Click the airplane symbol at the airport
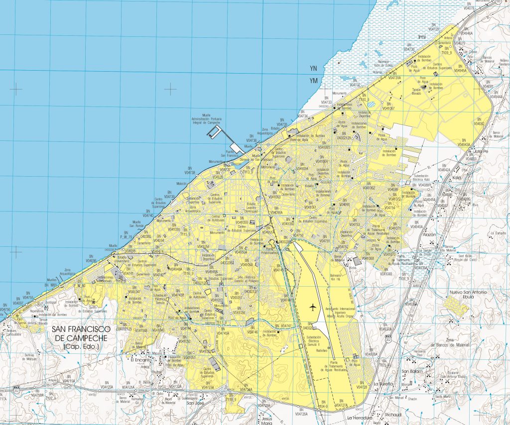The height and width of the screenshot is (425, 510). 313,308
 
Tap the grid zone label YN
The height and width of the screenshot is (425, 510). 313,68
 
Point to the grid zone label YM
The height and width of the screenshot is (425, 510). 313,81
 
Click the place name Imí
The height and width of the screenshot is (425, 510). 423,37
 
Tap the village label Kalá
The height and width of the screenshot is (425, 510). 458,177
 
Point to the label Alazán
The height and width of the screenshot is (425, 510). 429,233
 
